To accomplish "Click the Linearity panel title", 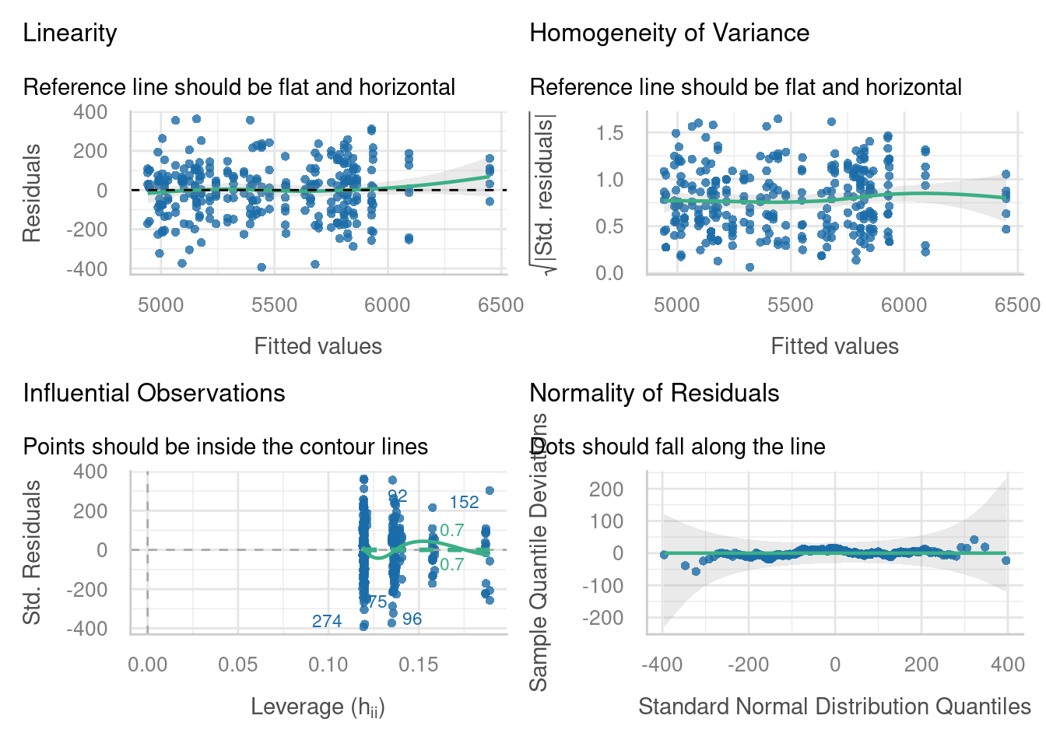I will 70,33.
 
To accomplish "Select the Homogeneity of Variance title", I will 669,33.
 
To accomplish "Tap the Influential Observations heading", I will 154,393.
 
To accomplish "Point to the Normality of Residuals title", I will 654,393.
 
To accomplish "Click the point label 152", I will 464,503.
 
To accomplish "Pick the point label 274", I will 327,621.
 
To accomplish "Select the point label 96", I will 412,619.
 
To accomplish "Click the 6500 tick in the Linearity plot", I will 500,305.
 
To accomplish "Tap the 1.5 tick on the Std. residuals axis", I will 610,133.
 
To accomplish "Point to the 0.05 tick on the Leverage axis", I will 237,665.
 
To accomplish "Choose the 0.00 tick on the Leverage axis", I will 147,665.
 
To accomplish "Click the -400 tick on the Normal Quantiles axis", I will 662,665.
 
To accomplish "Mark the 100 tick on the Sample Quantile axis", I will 607,521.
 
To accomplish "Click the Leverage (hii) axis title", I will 318,707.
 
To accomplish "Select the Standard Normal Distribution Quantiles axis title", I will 834,707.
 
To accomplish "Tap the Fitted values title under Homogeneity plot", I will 834,346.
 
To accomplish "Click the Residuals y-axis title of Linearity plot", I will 31,193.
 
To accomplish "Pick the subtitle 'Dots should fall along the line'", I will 677,447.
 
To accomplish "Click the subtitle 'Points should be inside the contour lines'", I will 226,447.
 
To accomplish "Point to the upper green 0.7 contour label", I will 452,531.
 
